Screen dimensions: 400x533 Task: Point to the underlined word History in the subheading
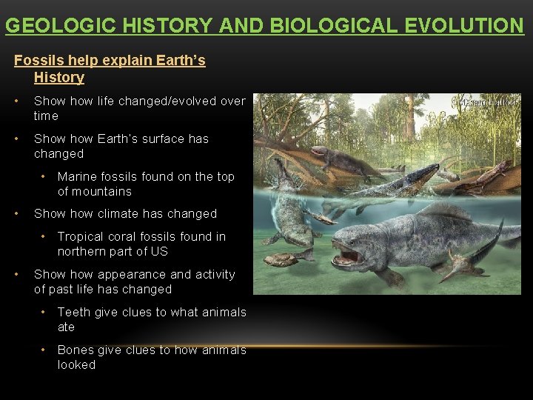click(59, 77)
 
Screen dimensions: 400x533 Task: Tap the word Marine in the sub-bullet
click(78, 176)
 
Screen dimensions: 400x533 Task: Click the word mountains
click(94, 191)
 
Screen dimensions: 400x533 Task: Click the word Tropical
click(84, 236)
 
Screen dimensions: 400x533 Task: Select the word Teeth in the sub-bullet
click(73, 312)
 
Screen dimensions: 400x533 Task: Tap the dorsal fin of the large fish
click(444, 213)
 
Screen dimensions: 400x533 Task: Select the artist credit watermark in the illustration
click(489, 102)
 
